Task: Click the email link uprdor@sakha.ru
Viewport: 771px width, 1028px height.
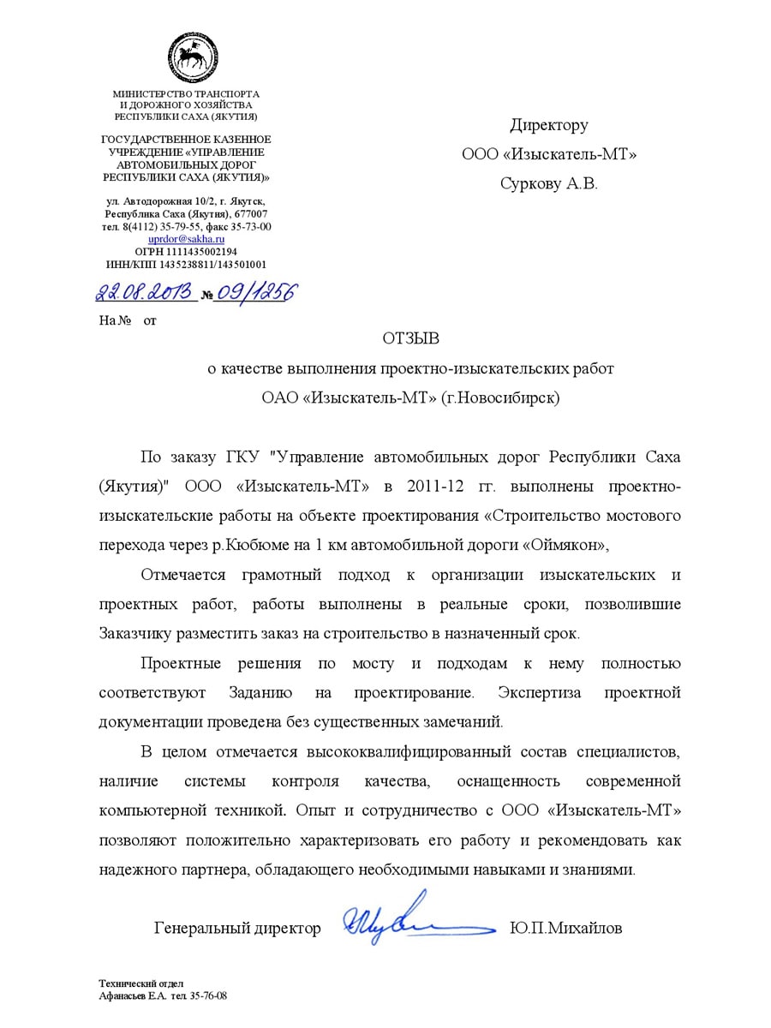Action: (187, 239)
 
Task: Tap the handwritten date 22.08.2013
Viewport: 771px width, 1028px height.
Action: (144, 293)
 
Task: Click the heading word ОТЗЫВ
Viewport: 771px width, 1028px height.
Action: (411, 339)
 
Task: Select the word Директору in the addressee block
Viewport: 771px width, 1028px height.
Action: (549, 125)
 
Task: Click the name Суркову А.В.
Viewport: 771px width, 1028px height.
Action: (549, 183)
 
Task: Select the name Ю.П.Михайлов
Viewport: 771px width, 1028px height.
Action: (565, 929)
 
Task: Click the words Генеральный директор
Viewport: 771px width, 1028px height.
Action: (237, 929)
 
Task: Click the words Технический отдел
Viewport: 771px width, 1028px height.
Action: (140, 984)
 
